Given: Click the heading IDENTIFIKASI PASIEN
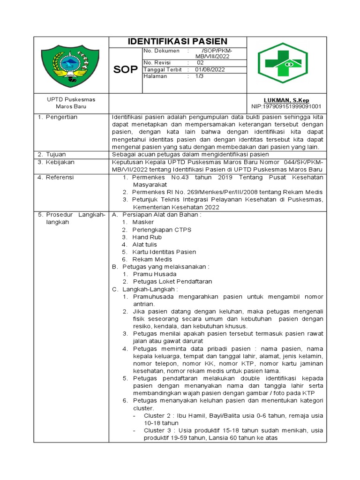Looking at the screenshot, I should pyautogui.click(x=177, y=42).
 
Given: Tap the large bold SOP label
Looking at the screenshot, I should pyautogui.click(x=125, y=70).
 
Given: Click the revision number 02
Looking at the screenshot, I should pyautogui.click(x=200, y=62).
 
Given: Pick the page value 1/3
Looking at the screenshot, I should pyautogui.click(x=199, y=76).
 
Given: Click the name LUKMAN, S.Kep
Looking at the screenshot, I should pyautogui.click(x=286, y=100).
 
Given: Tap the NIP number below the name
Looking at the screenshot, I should pyautogui.click(x=286, y=107).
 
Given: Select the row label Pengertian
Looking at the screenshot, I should pyautogui.click(x=61, y=117).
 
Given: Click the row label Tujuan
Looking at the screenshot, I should pyautogui.click(x=56, y=154).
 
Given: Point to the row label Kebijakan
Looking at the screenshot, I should pyautogui.click(x=59, y=162).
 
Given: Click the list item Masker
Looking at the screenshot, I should pyautogui.click(x=143, y=222).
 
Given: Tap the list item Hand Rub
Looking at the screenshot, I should pyautogui.click(x=147, y=237).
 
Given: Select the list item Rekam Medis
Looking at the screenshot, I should pyautogui.click(x=152, y=259).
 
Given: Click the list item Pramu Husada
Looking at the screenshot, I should pyautogui.click(x=154, y=274).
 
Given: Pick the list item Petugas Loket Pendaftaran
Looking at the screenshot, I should pyautogui.click(x=172, y=281).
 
